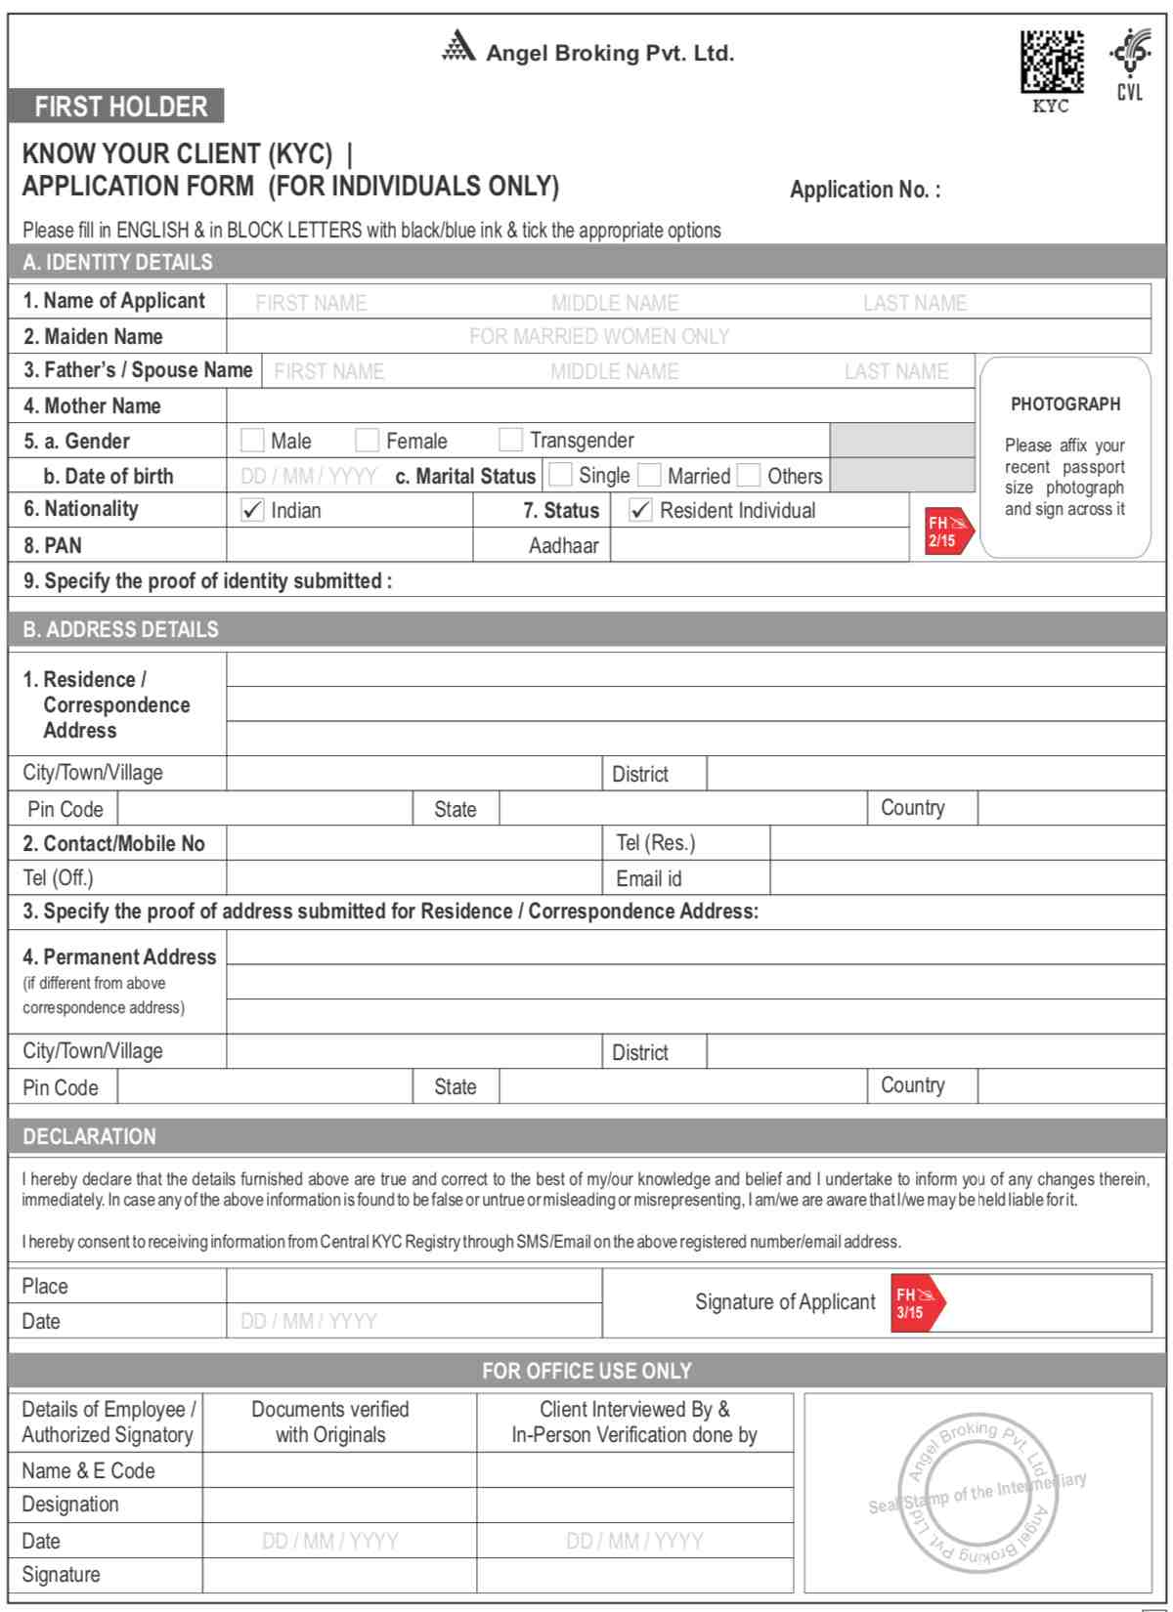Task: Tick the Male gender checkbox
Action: [x=252, y=440]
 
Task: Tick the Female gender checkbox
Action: [x=367, y=440]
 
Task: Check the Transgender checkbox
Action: [x=510, y=440]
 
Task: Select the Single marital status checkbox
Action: [x=560, y=475]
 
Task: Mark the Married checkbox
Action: [x=649, y=475]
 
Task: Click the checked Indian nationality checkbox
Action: [x=252, y=510]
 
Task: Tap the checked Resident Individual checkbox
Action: [x=640, y=510]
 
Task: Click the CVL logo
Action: [x=1129, y=64]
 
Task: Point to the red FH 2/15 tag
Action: [x=946, y=531]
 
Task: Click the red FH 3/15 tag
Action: [x=916, y=1303]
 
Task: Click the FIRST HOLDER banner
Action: [x=117, y=106]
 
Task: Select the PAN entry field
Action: [x=349, y=545]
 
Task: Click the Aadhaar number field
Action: [x=759, y=545]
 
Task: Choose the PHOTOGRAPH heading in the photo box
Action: [x=1065, y=403]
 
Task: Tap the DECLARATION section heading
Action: [x=90, y=1136]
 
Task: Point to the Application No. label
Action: [x=864, y=190]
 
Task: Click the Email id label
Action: [x=649, y=878]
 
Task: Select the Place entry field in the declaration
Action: [x=413, y=1286]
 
